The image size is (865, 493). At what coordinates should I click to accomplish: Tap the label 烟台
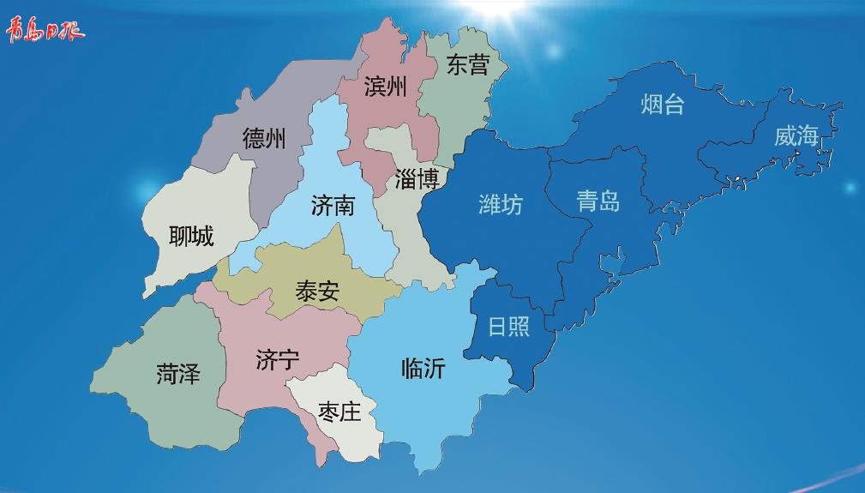coord(663,105)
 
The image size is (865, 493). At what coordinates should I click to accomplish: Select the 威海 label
coord(796,135)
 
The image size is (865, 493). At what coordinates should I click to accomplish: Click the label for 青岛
coord(598,201)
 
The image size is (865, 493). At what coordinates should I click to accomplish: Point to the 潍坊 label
coord(500,205)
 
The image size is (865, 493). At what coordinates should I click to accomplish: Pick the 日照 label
coord(508,327)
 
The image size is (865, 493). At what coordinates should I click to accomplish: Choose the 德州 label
coord(264,138)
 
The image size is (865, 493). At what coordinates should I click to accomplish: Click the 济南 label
coord(333,206)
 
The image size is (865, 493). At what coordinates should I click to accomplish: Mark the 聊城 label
coord(191,235)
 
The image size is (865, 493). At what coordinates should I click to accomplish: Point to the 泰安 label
coord(317,292)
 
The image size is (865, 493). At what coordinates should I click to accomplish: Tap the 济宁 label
coord(278,361)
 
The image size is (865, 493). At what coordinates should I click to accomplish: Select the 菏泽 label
coord(178,374)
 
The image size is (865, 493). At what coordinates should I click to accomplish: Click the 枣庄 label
coord(339,412)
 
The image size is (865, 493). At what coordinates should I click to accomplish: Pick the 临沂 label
coord(423,369)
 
